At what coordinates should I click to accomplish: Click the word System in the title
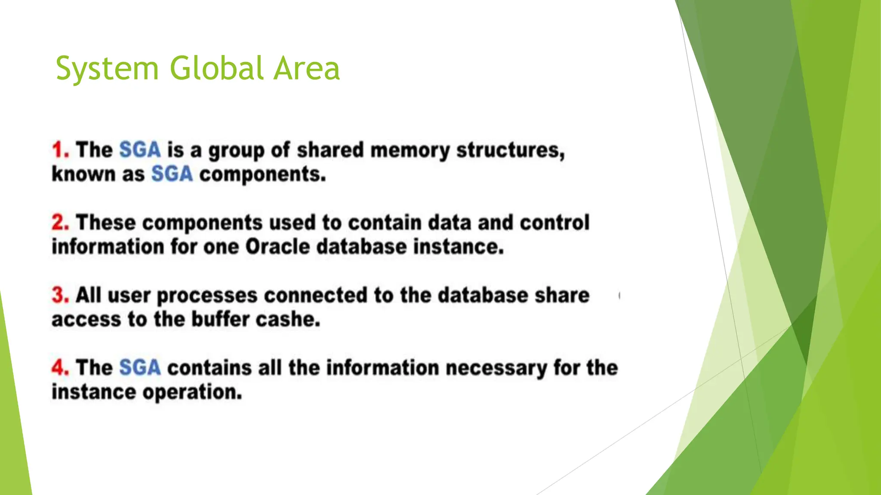[108, 69]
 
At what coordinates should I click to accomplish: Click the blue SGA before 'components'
[172, 174]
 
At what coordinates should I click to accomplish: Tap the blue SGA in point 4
[140, 368]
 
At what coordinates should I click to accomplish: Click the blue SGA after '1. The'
[140, 150]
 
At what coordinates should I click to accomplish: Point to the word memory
[410, 150]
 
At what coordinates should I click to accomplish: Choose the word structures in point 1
[510, 150]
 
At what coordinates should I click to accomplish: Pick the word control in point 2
[554, 223]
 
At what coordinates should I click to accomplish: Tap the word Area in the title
[307, 69]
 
